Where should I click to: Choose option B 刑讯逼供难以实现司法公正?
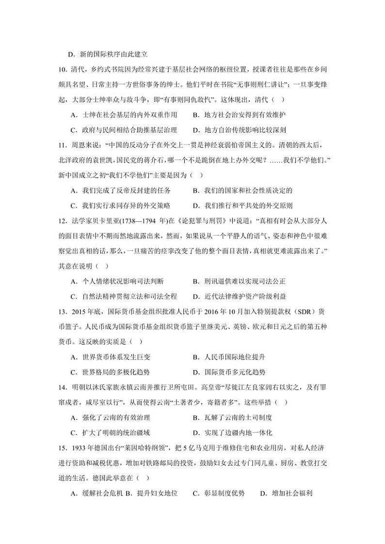click(239, 281)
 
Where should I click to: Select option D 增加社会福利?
click(286, 494)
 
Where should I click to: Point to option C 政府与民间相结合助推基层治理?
click(123, 130)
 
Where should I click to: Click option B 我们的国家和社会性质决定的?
click(242, 190)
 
